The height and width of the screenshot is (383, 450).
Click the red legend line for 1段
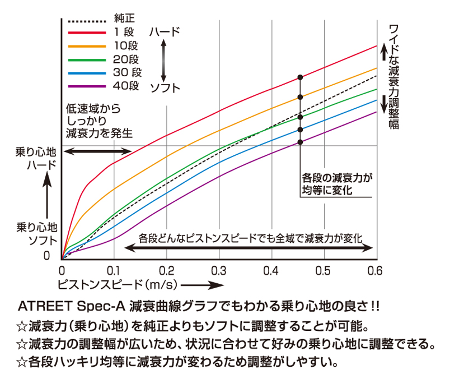[86, 33]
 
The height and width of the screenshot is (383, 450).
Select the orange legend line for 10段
[86, 46]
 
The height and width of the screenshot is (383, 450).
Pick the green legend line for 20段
[86, 59]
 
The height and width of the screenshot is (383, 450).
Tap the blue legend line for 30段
[86, 73]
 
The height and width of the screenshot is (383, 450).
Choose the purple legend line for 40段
[86, 86]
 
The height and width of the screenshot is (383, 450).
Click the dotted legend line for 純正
[86, 20]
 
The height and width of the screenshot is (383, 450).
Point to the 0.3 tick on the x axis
[219, 271]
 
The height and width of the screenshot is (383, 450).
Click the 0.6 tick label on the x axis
[374, 271]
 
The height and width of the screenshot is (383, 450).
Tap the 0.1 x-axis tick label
[114, 271]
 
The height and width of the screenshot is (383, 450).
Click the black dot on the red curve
[300, 76]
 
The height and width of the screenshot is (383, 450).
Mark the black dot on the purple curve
[300, 142]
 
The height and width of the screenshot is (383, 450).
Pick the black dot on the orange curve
[300, 97]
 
